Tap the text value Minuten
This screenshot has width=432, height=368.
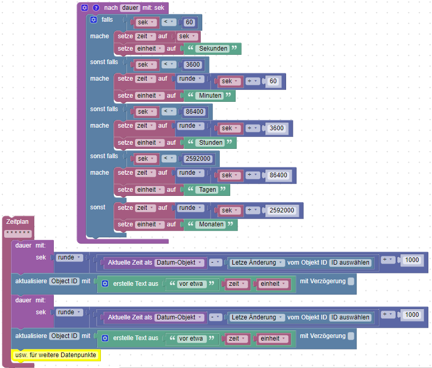click(x=210, y=96)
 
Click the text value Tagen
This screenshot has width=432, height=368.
click(x=207, y=190)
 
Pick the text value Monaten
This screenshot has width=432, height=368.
click(x=211, y=224)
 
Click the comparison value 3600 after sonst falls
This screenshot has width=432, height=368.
click(x=192, y=65)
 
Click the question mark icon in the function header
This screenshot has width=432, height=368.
click(x=96, y=8)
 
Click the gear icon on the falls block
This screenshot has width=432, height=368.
click(x=94, y=20)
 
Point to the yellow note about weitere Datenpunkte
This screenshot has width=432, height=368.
click(x=56, y=355)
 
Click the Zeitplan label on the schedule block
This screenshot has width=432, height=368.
click(x=18, y=221)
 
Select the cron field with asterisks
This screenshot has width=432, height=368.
click(x=18, y=233)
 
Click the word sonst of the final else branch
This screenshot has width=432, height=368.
click(x=98, y=207)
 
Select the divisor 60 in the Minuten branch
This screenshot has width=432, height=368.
click(x=273, y=82)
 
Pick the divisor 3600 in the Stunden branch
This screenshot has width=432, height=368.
click(x=277, y=129)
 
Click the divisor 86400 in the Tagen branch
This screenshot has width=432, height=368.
click(x=278, y=175)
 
